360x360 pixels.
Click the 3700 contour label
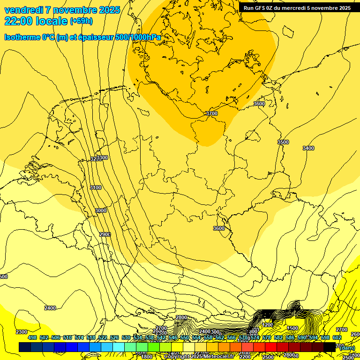212,113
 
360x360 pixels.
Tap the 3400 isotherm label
308,148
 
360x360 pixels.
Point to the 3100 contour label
96,187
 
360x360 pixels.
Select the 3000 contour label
101,211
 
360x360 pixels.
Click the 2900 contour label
105,234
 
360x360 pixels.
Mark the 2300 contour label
22,332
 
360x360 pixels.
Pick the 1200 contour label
268,325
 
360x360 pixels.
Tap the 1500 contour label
292,329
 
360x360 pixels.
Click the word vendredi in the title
25,10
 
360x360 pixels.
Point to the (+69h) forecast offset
81,21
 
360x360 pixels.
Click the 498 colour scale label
32,337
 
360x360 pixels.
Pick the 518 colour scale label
91,337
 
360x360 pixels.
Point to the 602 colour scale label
337,337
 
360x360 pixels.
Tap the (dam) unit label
347,347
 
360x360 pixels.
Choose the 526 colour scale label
114,337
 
